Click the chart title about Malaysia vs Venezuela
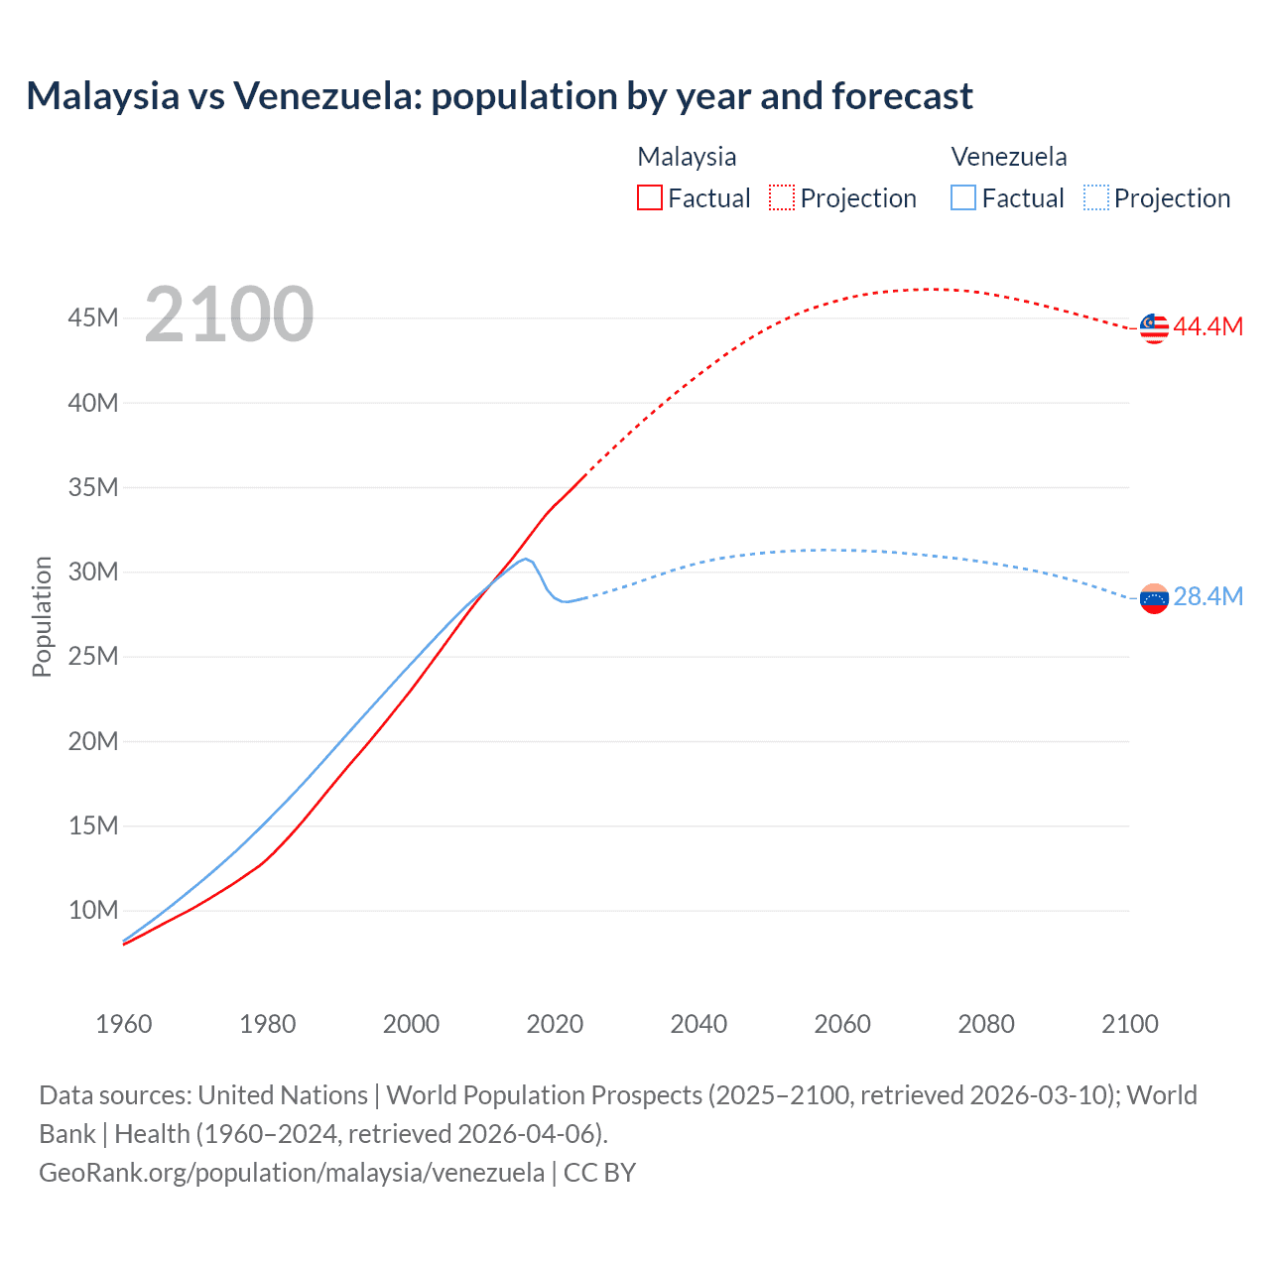pyautogui.click(x=499, y=96)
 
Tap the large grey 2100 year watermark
pyautogui.click(x=229, y=315)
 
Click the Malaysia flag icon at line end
pyautogui.click(x=1154, y=327)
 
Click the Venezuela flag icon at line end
pyautogui.click(x=1154, y=598)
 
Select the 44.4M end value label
pyautogui.click(x=1207, y=327)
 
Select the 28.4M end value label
pyautogui.click(x=1207, y=596)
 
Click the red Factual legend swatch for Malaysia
pyautogui.click(x=649, y=198)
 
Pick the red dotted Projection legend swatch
pyautogui.click(x=782, y=198)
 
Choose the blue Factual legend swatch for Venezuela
pyautogui.click(x=962, y=198)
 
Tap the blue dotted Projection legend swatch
pyautogui.click(x=1095, y=198)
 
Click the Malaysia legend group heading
pyautogui.click(x=687, y=157)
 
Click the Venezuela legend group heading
pyautogui.click(x=1009, y=157)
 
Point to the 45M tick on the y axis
pyautogui.click(x=93, y=318)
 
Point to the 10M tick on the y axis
pyautogui.click(x=93, y=910)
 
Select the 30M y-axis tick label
pyautogui.click(x=93, y=572)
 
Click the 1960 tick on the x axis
pyautogui.click(x=124, y=1024)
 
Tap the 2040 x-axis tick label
pyautogui.click(x=698, y=1024)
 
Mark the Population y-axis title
pyautogui.click(x=42, y=616)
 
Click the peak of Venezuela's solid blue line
pyautogui.click(x=525, y=559)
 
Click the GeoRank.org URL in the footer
pyautogui.click(x=291, y=1173)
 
